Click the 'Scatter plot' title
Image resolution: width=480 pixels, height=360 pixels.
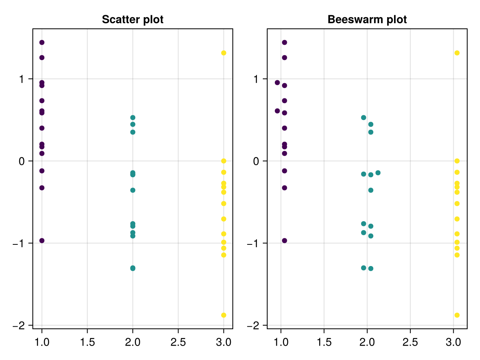(132, 20)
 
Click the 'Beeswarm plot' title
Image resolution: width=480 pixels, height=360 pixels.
(367, 20)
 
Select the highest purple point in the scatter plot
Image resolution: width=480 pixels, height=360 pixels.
(42, 42)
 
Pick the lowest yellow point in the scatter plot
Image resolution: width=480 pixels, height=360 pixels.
(224, 315)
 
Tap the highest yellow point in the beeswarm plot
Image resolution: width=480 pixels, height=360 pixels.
(457, 53)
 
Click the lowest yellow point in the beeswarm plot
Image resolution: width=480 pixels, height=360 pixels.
(457, 315)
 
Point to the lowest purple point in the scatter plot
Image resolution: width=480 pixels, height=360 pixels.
(42, 240)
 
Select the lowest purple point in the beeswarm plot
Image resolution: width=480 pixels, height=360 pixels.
(284, 240)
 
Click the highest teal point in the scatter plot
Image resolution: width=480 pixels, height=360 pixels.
(133, 118)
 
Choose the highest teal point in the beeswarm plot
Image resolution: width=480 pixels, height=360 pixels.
(364, 118)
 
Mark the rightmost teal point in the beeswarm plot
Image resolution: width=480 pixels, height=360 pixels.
(378, 173)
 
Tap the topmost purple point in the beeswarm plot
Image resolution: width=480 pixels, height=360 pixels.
(284, 42)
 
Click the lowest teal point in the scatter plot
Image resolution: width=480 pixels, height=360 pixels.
(133, 268)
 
